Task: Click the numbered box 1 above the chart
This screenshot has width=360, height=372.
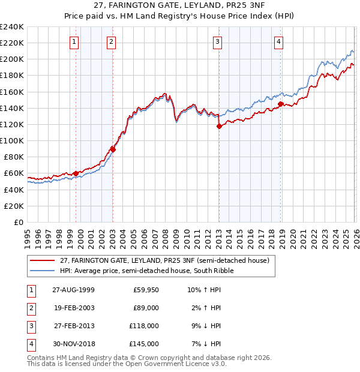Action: (74, 41)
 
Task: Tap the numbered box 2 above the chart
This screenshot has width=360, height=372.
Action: (112, 41)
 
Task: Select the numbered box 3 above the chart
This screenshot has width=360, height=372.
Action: (217, 41)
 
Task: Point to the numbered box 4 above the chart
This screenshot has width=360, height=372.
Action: (279, 41)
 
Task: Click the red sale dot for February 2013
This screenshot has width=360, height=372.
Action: (219, 126)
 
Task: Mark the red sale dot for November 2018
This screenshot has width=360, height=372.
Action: (280, 104)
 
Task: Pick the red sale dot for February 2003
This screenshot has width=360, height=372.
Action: (113, 149)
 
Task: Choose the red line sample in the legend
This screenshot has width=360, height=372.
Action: (42, 260)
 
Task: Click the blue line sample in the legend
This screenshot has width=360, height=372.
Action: (42, 271)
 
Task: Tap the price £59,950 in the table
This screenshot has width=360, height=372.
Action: (146, 290)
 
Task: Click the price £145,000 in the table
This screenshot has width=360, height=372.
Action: (144, 344)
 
